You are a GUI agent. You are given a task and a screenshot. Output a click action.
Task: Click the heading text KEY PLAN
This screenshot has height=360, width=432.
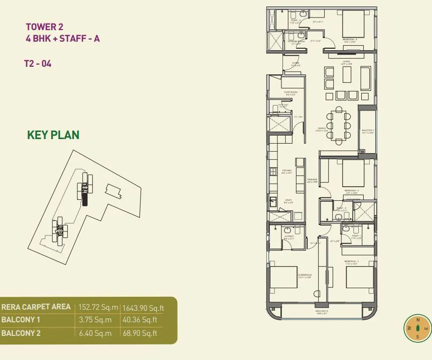pos(53,135)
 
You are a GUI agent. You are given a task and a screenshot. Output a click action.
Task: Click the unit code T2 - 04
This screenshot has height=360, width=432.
pos(38,64)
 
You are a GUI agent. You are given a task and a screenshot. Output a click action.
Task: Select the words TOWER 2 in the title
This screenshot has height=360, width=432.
pos(45,27)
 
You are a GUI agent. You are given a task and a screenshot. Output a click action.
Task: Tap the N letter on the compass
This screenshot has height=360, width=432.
pos(417,319)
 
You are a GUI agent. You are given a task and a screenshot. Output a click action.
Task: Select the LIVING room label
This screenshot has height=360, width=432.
pos(346,62)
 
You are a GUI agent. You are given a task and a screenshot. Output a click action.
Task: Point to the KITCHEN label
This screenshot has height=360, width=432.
pos(287,171)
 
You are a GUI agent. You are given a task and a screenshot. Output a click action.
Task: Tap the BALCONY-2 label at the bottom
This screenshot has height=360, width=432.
pos(322,311)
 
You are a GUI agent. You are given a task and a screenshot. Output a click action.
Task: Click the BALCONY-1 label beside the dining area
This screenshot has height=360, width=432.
pos(368,131)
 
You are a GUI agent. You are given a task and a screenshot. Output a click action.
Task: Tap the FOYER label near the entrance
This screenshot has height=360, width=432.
pos(296,63)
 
